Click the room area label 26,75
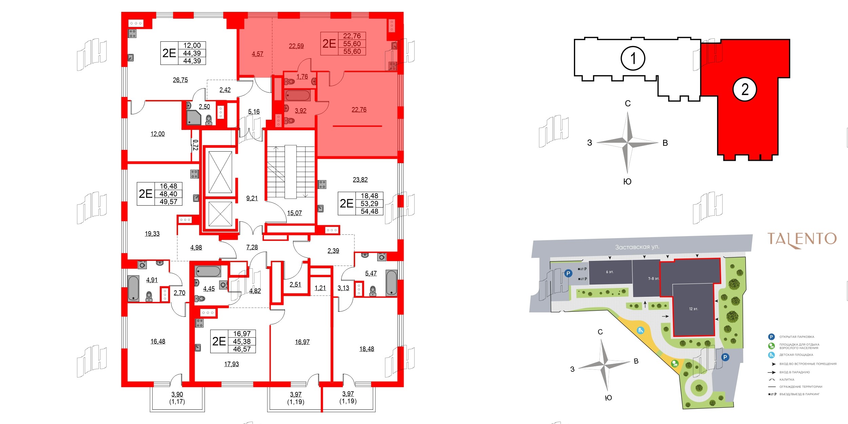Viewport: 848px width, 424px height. tap(180, 80)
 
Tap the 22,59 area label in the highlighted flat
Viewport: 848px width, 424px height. tap(296, 46)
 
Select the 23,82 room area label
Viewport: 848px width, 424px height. tap(360, 179)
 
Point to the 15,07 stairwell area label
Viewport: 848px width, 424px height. tap(294, 213)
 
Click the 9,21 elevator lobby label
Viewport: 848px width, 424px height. tap(252, 198)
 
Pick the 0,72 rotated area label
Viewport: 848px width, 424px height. tap(195, 145)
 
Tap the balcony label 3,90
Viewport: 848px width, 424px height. tap(177, 394)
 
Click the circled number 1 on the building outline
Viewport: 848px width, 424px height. tap(633, 58)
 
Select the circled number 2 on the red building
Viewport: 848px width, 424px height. tap(745, 90)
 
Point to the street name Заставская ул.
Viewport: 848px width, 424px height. tap(637, 247)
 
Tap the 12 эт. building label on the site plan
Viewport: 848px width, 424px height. tap(693, 309)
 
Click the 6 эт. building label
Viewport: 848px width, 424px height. tap(610, 272)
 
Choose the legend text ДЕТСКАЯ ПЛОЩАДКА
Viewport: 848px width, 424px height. tap(796, 355)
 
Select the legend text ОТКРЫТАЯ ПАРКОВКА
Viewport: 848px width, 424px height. tap(796, 337)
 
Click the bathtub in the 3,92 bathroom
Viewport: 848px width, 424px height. tap(297, 95)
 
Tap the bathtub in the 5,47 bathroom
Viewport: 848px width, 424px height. tap(391, 283)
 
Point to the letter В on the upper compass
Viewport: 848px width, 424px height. tap(665, 143)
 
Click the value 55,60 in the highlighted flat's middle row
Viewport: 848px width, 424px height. tap(352, 44)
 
